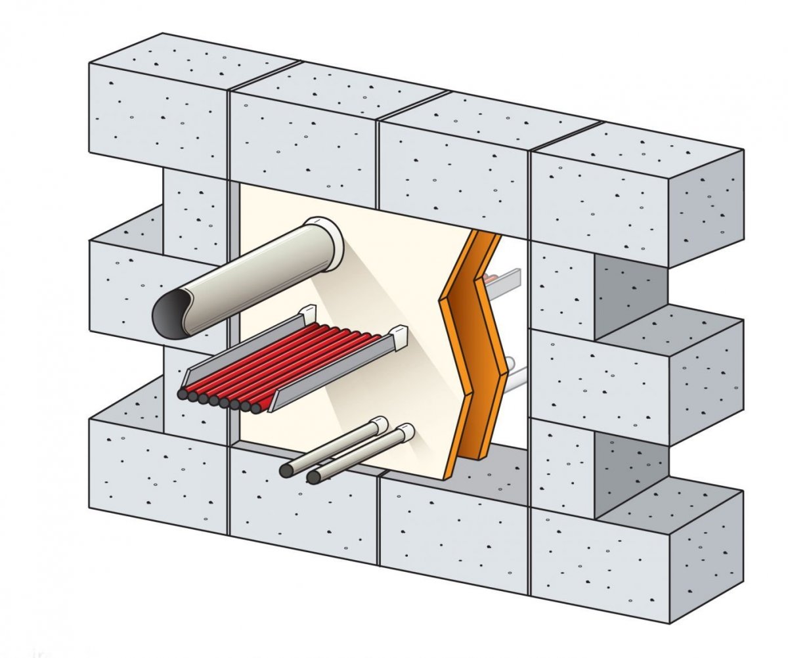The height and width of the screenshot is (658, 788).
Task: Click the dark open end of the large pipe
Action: [x=169, y=314]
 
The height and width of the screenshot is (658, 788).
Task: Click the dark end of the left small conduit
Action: [x=286, y=470]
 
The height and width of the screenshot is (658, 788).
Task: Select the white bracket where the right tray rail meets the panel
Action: [x=399, y=336]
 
